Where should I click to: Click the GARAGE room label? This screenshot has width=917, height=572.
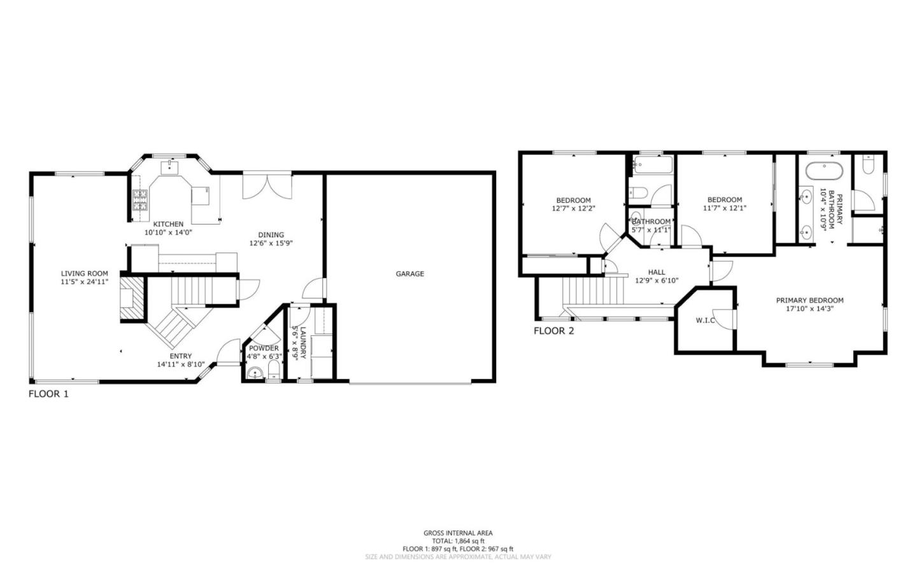coord(409,274)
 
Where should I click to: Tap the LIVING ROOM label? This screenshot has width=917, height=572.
coord(85,274)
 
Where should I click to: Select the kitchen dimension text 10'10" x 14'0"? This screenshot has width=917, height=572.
coord(168,232)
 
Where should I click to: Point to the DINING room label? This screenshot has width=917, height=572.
coord(271,235)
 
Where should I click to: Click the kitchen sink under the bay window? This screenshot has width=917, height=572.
coord(169,167)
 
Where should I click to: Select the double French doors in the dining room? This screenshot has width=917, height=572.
coord(267,185)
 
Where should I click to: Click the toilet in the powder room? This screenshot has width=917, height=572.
coord(274,370)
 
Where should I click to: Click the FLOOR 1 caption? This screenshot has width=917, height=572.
coord(48,394)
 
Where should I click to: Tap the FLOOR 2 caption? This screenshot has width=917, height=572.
coord(553,331)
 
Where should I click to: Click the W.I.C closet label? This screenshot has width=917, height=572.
coord(705,320)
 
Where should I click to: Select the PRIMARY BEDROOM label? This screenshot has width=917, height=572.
coord(809,300)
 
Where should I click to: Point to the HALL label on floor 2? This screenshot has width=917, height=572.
coord(657,272)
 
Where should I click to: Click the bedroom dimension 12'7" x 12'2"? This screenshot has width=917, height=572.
coord(573,208)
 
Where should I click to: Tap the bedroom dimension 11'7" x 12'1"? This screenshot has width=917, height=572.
coord(725,208)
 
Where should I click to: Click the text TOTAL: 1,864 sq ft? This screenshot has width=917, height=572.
coord(458,541)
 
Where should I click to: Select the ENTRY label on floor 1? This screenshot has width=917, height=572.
coord(180,356)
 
